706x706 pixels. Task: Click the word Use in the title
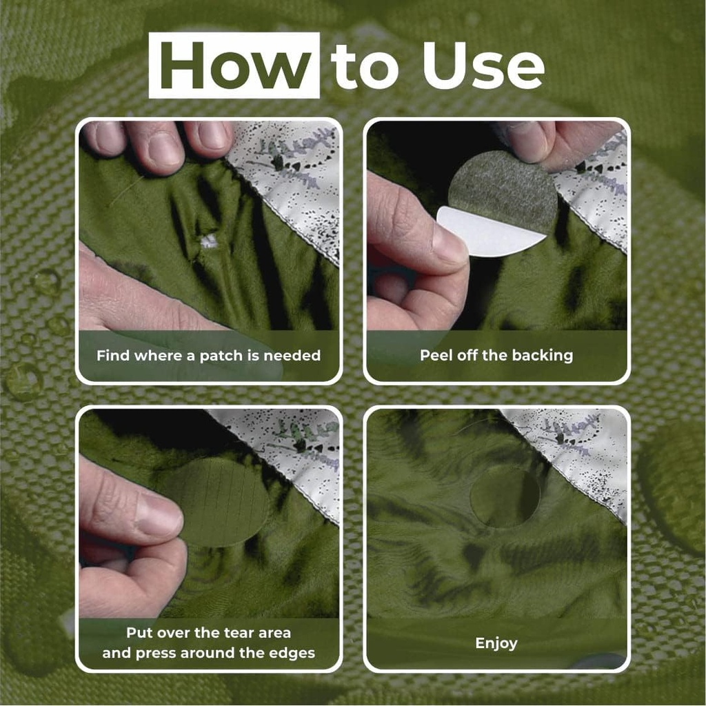[483, 67]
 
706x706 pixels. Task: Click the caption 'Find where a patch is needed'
[208, 356]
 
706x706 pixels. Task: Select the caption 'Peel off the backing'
[496, 356]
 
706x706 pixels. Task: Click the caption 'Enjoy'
[496, 643]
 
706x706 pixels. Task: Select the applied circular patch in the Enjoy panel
[505, 496]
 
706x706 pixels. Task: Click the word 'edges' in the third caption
[292, 652]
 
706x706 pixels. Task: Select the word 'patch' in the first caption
[217, 356]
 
